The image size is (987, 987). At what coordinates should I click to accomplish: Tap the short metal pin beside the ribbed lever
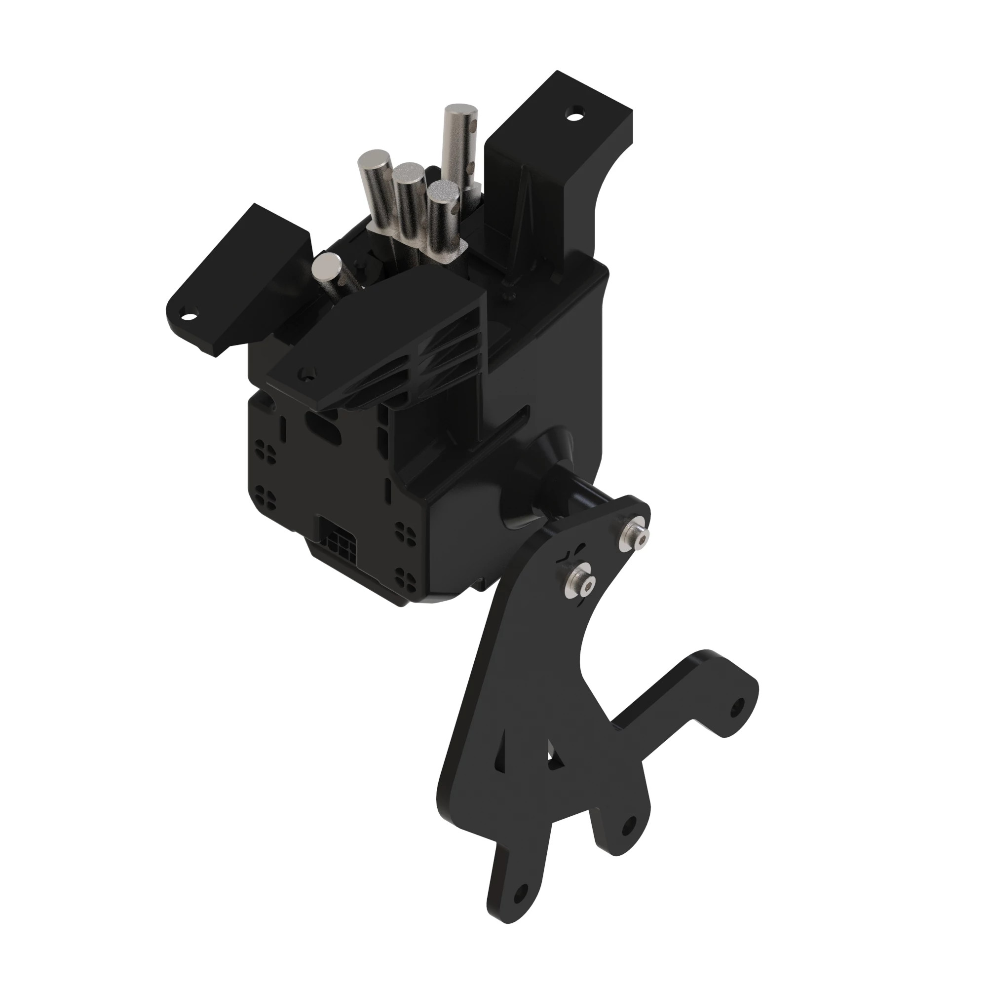click(x=328, y=266)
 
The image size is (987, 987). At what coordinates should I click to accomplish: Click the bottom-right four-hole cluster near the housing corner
click(x=407, y=572)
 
